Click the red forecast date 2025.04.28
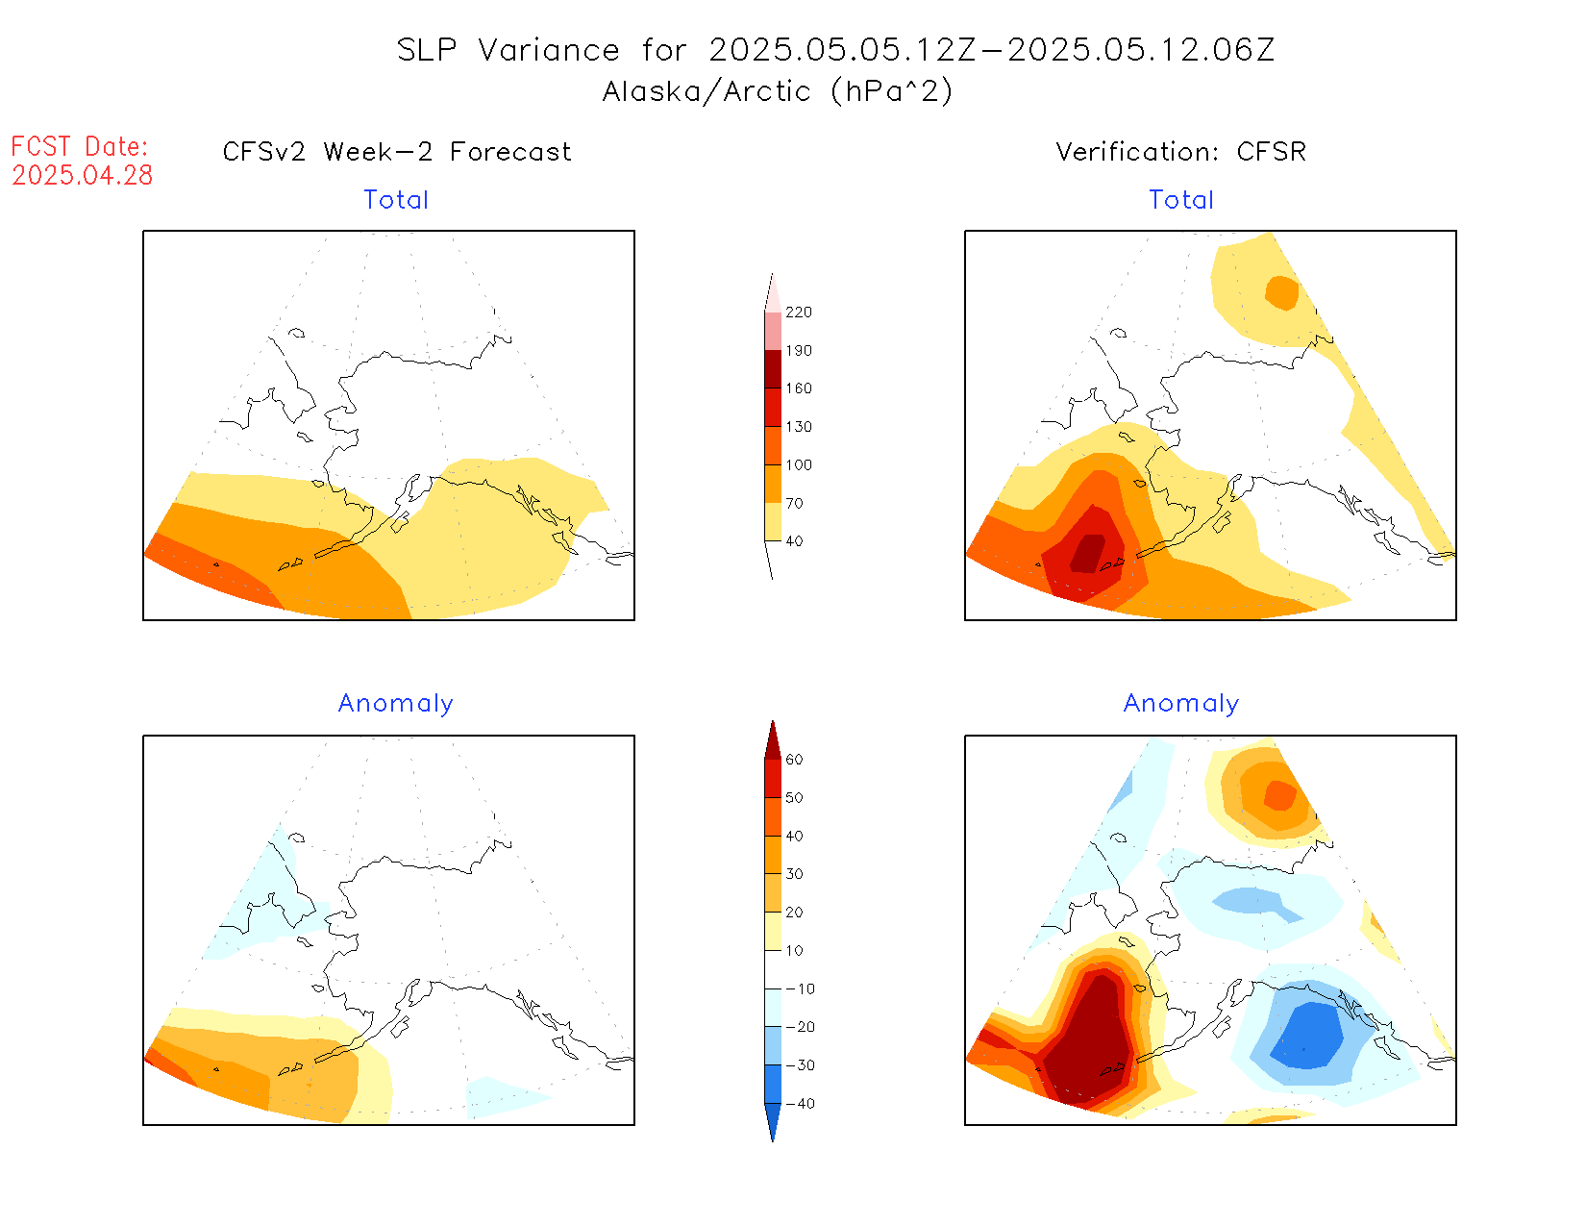click(x=83, y=175)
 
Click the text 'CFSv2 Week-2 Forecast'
click(x=396, y=152)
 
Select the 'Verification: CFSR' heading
click(x=1180, y=152)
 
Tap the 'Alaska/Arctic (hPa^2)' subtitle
click(x=778, y=91)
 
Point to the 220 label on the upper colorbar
click(x=798, y=313)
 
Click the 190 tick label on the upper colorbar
click(x=798, y=351)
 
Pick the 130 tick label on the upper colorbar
click(x=798, y=427)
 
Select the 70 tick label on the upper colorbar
click(x=794, y=503)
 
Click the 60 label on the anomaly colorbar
click(x=794, y=760)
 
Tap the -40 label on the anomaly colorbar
click(x=800, y=1104)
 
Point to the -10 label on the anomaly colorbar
click(x=800, y=988)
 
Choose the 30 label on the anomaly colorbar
click(x=794, y=874)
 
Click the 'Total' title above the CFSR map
click(x=1181, y=200)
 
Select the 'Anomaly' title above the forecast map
click(x=395, y=703)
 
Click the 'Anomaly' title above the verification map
click(x=1181, y=703)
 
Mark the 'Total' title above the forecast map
click(x=395, y=200)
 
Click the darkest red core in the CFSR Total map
click(x=1089, y=554)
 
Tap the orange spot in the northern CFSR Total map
click(x=1282, y=292)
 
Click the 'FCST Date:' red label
click(x=80, y=147)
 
